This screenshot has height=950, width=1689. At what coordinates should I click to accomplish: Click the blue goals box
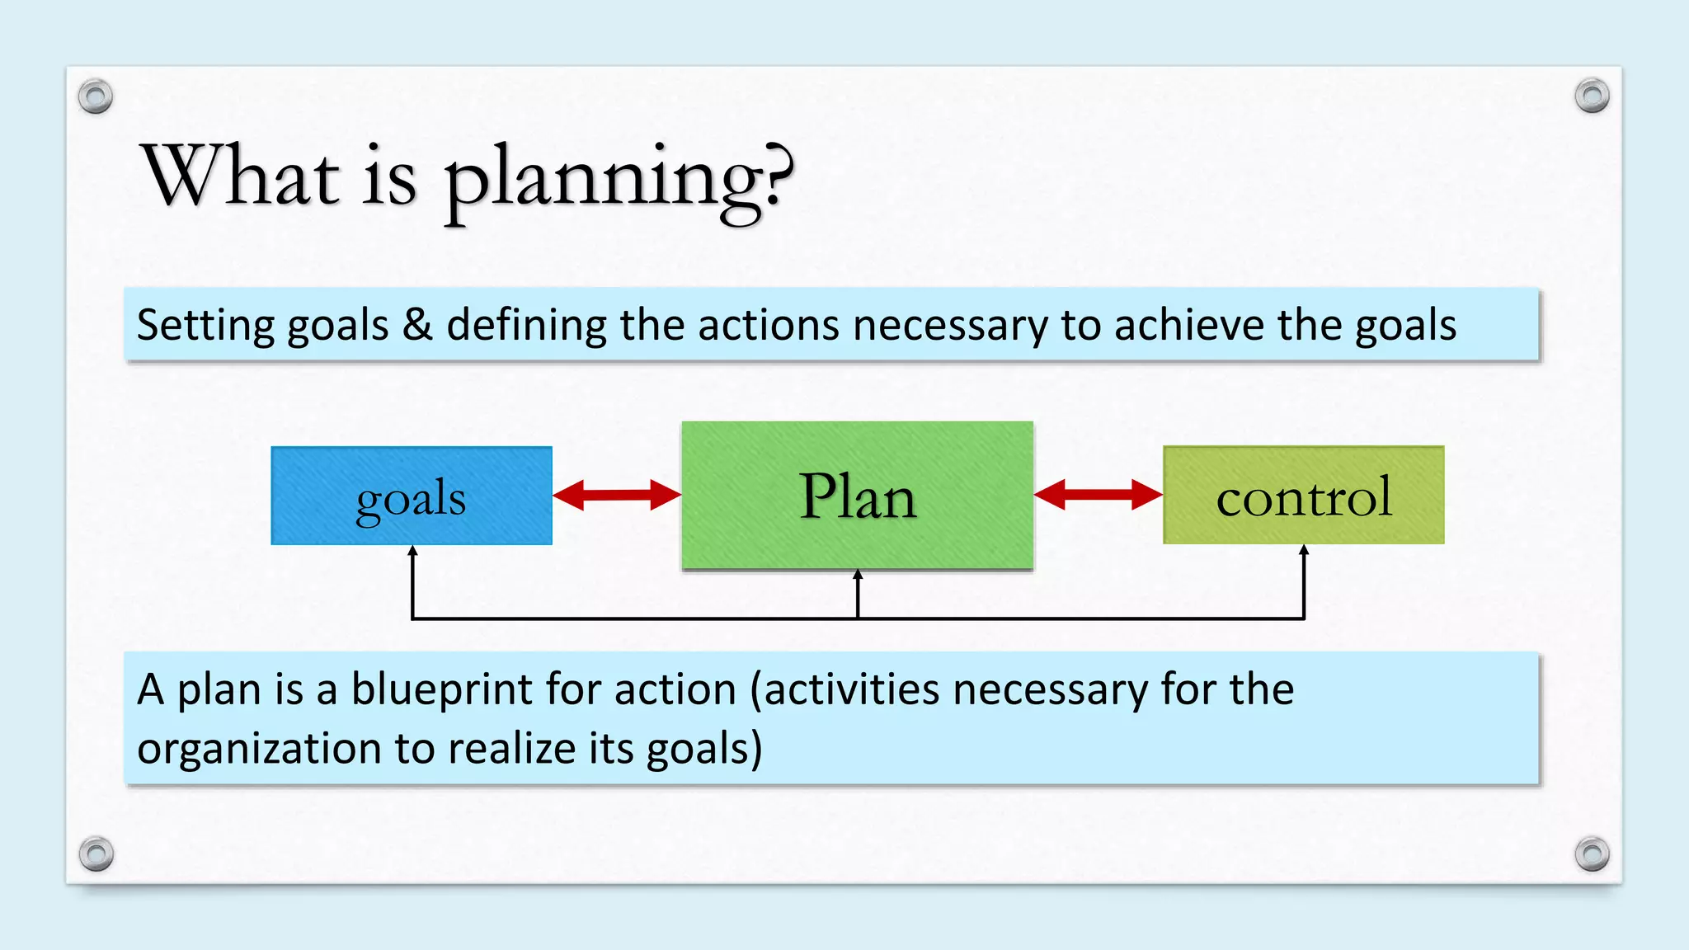tap(411, 496)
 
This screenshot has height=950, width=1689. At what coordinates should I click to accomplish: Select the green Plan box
tap(857, 496)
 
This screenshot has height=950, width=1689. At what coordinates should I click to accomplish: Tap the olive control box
tap(1303, 496)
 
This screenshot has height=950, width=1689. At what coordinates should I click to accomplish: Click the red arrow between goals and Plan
tap(616, 495)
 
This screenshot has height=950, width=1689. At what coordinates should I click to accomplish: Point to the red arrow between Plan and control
tap(1098, 495)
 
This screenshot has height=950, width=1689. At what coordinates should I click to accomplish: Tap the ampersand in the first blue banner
tap(417, 324)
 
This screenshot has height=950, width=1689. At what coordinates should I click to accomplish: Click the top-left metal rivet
tap(96, 97)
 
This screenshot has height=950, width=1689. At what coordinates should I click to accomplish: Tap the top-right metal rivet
tap(1592, 96)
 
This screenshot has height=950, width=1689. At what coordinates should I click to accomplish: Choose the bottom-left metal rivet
tap(96, 854)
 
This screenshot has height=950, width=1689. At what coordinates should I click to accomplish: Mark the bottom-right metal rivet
tap(1592, 854)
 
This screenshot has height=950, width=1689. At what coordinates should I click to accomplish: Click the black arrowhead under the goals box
tap(412, 551)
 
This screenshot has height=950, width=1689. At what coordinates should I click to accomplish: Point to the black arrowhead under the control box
tap(1304, 550)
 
